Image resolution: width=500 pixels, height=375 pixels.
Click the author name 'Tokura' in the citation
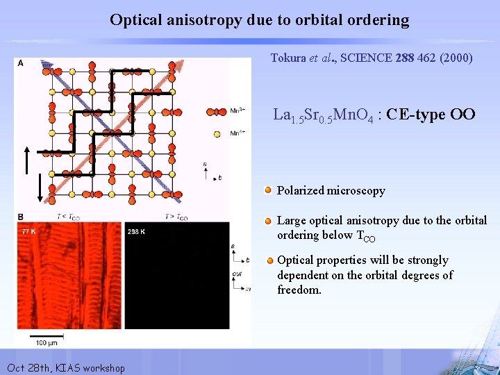pyautogui.click(x=288, y=58)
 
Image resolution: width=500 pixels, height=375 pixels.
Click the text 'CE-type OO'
pyautogui.click(x=431, y=115)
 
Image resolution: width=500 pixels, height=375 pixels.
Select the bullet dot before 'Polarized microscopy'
pyautogui.click(x=268, y=190)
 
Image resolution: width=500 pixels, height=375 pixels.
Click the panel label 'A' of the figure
pyautogui.click(x=20, y=63)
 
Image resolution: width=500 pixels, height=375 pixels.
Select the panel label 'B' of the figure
pyautogui.click(x=20, y=217)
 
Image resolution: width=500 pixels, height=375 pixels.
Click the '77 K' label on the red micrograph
pyautogui.click(x=29, y=231)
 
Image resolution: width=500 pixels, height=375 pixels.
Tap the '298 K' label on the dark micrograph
pyautogui.click(x=137, y=231)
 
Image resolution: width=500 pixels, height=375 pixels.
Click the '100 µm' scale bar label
pyautogui.click(x=47, y=342)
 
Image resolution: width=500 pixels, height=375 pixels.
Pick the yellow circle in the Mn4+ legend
pyautogui.click(x=217, y=133)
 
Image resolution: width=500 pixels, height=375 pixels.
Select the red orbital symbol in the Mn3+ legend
pyautogui.click(x=217, y=111)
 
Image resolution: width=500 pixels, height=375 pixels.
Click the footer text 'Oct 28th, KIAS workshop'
pyautogui.click(x=65, y=367)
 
